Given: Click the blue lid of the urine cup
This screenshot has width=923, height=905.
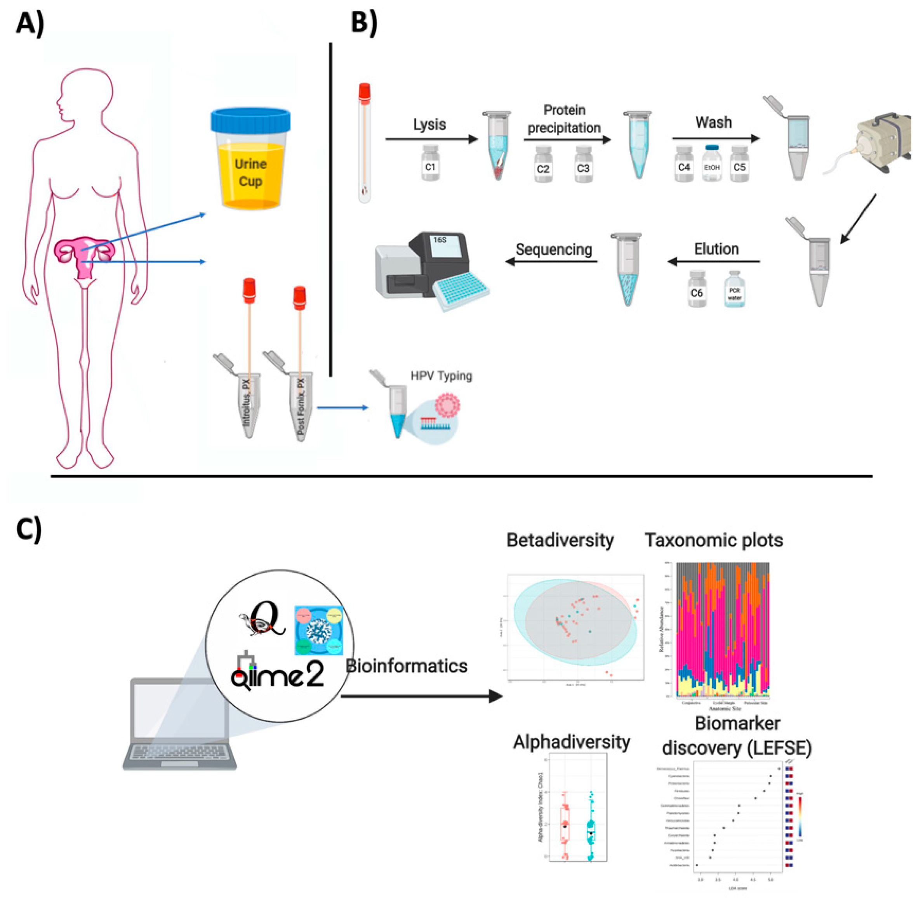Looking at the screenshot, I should tap(250, 120).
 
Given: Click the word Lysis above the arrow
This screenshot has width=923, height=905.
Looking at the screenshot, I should tap(429, 125).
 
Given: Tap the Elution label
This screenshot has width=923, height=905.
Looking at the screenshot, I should tap(716, 249).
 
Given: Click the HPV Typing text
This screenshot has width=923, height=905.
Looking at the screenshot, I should tap(441, 376).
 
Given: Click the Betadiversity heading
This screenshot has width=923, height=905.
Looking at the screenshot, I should tap(560, 540).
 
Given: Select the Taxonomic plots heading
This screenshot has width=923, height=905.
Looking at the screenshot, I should tap(713, 540).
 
